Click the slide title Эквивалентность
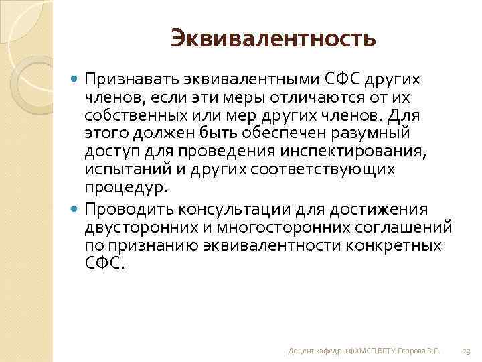[x=273, y=38]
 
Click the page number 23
[x=466, y=351]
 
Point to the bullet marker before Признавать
[x=75, y=80]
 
